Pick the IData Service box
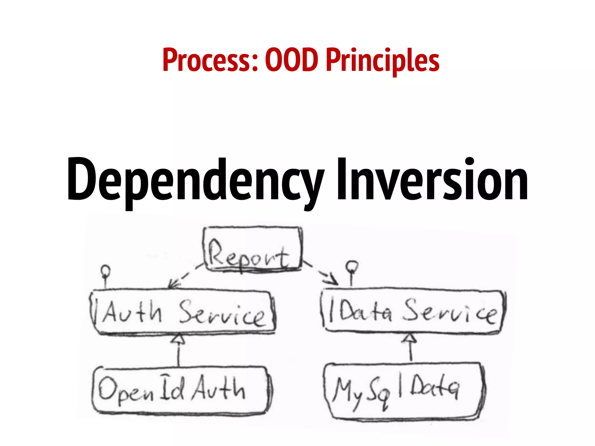413,311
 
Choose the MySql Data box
404,391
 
